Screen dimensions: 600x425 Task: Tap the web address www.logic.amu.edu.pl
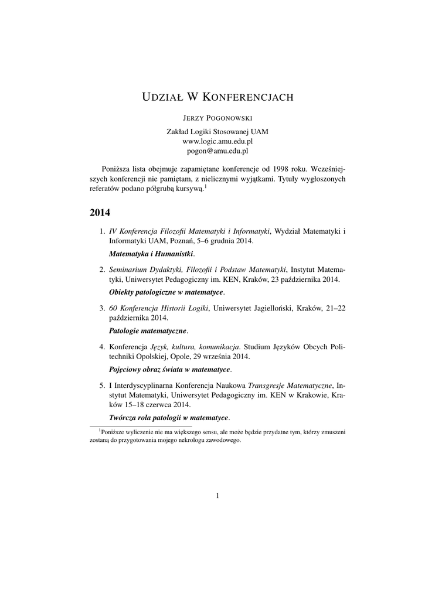217,141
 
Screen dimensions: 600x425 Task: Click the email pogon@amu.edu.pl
217,151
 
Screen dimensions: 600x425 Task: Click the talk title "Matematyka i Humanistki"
151,254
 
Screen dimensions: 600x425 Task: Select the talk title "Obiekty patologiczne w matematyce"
166,292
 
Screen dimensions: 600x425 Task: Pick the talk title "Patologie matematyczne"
148,330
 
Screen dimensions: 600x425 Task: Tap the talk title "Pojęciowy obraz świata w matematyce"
169,369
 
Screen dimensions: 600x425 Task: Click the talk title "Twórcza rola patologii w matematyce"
169,417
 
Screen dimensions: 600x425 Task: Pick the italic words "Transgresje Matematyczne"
291,386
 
